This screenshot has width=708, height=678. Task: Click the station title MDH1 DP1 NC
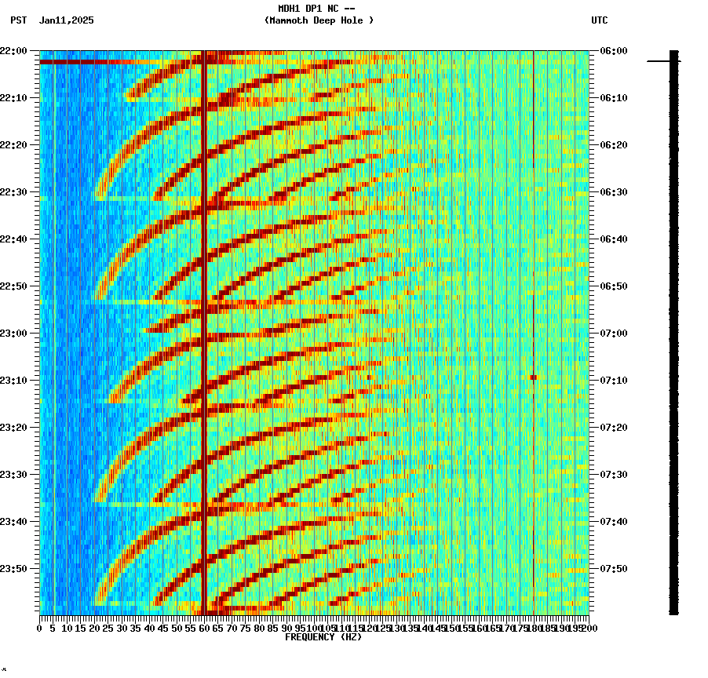tap(312, 9)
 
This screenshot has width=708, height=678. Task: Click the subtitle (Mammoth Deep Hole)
tap(319, 20)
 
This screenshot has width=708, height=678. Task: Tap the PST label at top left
tap(18, 20)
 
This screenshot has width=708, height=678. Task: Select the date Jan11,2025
tap(66, 20)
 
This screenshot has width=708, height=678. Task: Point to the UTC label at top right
tap(599, 20)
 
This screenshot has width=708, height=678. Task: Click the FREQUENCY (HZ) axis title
tap(323, 637)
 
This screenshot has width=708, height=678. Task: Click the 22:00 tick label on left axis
tap(13, 51)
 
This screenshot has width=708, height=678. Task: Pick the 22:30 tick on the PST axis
tap(13, 192)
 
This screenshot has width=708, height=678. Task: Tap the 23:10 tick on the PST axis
tap(13, 381)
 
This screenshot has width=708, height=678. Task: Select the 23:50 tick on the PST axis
tap(13, 569)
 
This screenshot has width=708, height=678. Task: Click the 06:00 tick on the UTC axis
tap(613, 51)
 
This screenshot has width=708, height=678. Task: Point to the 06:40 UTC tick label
tap(613, 239)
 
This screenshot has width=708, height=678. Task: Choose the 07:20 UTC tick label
tap(613, 428)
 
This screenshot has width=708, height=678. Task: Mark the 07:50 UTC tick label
tap(613, 569)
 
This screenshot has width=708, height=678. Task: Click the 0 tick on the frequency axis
tap(40, 629)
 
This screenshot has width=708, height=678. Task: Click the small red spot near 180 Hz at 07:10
tap(533, 377)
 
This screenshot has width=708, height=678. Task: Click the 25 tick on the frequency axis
tap(108, 629)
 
